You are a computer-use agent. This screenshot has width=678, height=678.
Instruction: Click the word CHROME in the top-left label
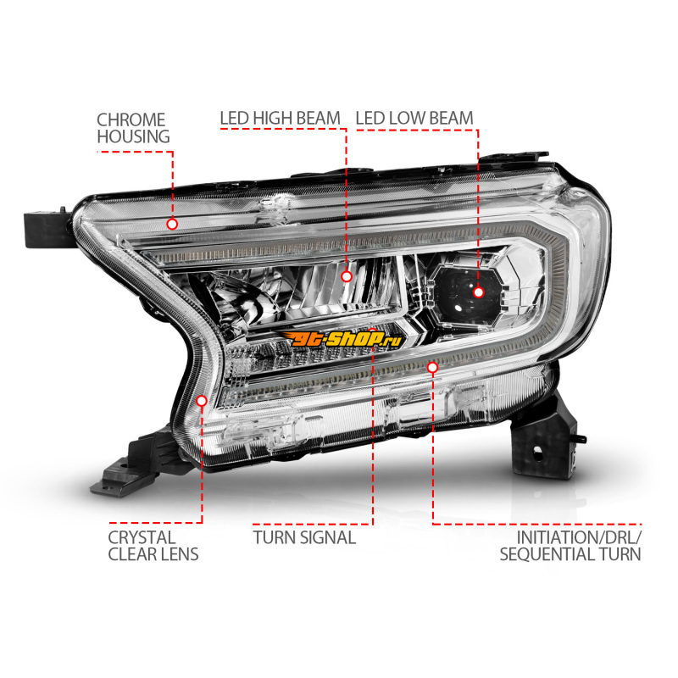tap(131, 119)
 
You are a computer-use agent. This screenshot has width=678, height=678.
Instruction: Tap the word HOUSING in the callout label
tap(133, 136)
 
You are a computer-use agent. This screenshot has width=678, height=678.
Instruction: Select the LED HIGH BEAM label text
tap(281, 118)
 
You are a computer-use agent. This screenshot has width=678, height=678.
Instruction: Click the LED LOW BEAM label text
tap(414, 118)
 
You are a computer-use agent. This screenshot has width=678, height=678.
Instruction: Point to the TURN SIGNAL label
tap(304, 537)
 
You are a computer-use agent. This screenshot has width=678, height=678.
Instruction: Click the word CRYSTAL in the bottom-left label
tap(142, 537)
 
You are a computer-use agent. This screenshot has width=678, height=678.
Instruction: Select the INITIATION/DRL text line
tap(580, 537)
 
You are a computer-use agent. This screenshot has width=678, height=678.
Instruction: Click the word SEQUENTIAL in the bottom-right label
tap(547, 554)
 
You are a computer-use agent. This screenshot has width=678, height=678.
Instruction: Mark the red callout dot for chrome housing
tap(172, 224)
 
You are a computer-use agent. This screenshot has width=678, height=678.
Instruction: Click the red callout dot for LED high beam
tap(347, 276)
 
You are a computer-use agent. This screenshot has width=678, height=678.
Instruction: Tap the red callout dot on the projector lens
tap(478, 292)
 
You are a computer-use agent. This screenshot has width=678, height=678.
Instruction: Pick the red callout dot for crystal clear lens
tap(202, 401)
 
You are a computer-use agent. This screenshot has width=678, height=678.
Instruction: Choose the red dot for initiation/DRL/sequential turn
tap(432, 368)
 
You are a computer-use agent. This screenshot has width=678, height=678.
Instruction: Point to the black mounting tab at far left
tap(47, 229)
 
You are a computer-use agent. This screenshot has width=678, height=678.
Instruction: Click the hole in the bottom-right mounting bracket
tap(537, 453)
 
